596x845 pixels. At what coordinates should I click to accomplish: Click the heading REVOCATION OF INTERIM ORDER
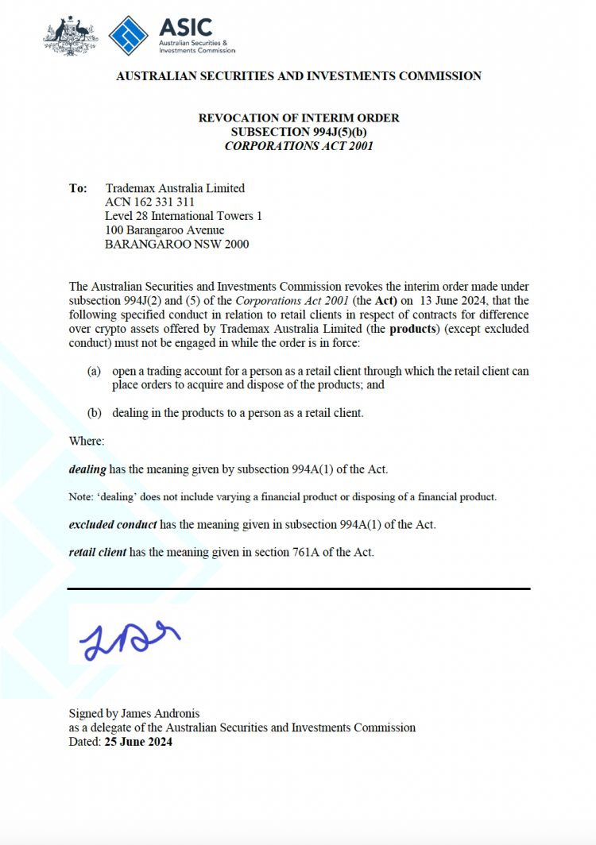[x=298, y=118]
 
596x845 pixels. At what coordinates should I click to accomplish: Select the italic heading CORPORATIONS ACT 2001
[x=298, y=146]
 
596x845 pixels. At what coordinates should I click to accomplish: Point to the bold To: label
[x=78, y=189]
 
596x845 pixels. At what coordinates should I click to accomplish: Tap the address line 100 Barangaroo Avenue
[x=164, y=230]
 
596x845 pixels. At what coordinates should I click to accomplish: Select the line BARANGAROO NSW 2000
[x=176, y=245]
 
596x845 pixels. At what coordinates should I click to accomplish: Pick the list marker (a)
[x=94, y=372]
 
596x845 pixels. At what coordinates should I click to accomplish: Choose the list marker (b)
[x=94, y=414]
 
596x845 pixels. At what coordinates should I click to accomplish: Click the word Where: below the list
[x=87, y=441]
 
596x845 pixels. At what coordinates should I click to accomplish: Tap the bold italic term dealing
[x=87, y=469]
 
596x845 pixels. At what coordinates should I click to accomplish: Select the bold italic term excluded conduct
[x=113, y=525]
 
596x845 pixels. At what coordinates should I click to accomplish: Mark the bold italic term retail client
[x=98, y=552]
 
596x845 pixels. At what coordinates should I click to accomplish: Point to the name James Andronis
[x=173, y=714]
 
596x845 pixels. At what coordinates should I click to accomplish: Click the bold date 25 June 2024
[x=137, y=743]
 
